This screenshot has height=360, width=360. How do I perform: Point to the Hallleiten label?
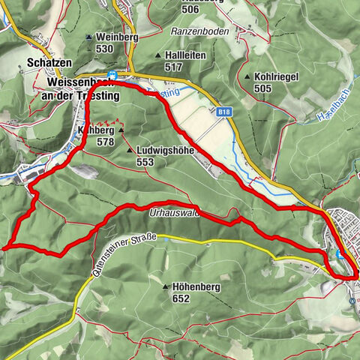(187, 55)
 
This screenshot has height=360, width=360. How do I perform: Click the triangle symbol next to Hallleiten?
(157, 55)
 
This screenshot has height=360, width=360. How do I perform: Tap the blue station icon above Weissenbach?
(112, 74)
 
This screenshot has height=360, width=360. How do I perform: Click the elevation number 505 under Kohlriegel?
(262, 88)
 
